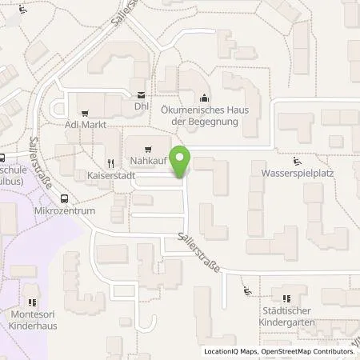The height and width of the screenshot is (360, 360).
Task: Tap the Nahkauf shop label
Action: click(x=147, y=162)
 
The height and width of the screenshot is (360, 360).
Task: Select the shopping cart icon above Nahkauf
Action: click(x=147, y=150)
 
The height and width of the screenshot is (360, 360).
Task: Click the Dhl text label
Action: click(x=142, y=106)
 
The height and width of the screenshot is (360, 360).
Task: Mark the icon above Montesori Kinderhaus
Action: click(x=34, y=302)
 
